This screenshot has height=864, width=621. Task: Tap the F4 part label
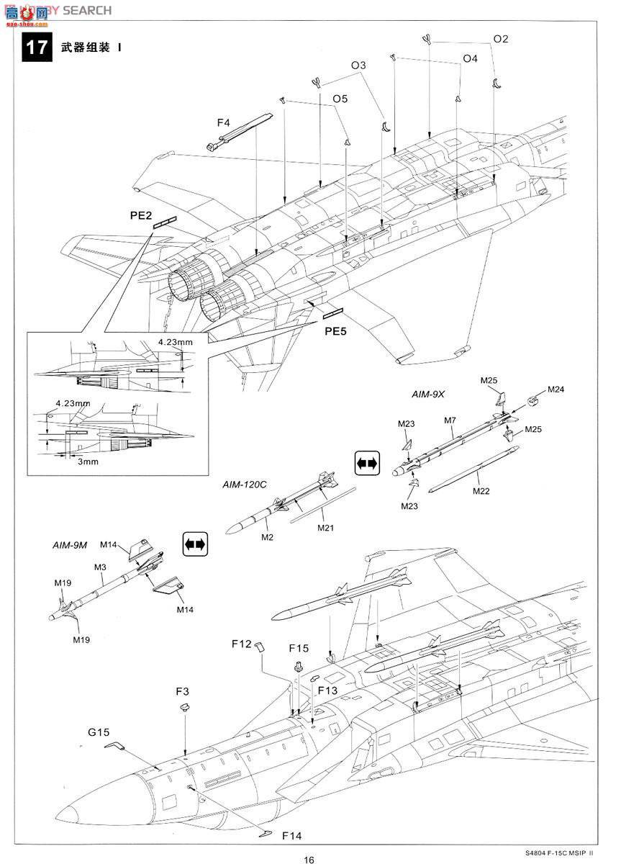[x=224, y=122]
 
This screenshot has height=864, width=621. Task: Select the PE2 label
[x=141, y=215]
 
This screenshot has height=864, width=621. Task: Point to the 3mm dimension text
[x=88, y=462]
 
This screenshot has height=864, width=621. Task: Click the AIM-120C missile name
[x=245, y=485]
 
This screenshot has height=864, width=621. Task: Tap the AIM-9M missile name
[x=70, y=545]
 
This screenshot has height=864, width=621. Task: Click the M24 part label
[x=556, y=389]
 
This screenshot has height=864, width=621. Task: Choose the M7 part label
[x=450, y=419]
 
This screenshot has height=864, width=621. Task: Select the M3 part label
[x=100, y=567]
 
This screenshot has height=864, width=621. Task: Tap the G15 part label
[x=99, y=732]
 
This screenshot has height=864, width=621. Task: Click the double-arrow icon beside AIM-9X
[x=366, y=464]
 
